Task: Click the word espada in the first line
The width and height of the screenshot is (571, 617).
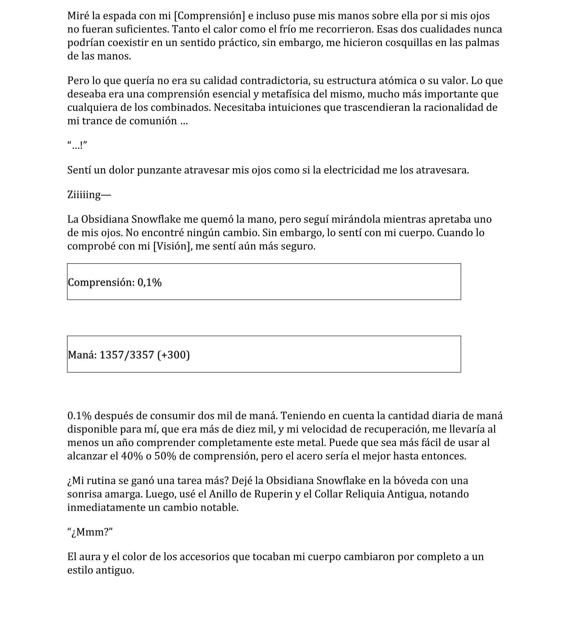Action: coord(119,16)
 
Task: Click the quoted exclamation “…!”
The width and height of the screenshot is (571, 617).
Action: coord(77,145)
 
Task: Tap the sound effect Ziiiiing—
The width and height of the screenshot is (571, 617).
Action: coord(89,195)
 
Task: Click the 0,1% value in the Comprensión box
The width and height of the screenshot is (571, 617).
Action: coord(150,282)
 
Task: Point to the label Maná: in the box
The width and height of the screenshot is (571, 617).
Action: coord(82,355)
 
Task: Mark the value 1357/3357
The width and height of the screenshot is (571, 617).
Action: coord(127,355)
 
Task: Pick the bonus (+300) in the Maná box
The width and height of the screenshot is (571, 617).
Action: coord(173,355)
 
